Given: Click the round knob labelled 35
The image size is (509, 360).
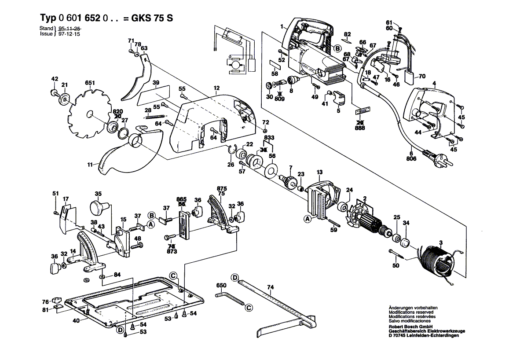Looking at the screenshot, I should (x=99, y=206).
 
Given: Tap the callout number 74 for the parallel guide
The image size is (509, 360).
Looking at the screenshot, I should (x=270, y=287).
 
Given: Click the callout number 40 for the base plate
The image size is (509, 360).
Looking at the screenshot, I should (x=76, y=320).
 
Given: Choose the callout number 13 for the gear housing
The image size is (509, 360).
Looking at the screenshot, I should (x=319, y=172).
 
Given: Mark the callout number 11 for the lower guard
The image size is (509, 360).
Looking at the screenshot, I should (x=90, y=165).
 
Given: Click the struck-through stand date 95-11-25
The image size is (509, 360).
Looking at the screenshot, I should (x=70, y=28).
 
